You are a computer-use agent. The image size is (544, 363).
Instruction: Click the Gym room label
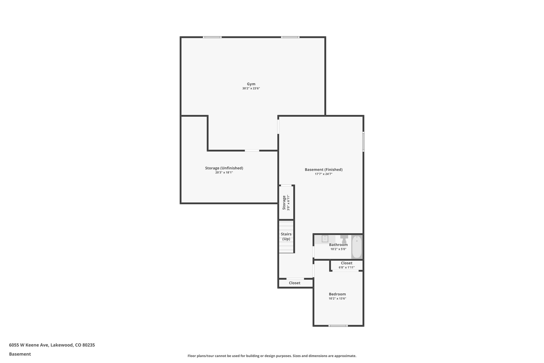pos(251,84)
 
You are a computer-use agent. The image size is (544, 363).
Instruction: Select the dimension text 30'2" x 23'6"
pos(251,89)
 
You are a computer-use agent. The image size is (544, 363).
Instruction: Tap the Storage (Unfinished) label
pos(224,168)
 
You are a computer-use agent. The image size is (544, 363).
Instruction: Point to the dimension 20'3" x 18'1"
pos(224,173)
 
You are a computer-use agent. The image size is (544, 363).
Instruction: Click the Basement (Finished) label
pos(324,170)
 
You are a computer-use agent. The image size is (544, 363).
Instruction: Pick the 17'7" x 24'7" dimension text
pos(324,174)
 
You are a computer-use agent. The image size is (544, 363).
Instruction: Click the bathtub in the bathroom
pos(357,247)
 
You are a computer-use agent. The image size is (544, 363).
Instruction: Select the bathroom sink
pos(325,239)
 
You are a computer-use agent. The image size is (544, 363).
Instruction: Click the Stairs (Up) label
pos(286,236)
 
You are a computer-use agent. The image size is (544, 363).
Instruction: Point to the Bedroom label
pos(337,294)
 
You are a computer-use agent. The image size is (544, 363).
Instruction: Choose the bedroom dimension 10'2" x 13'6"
pos(337,299)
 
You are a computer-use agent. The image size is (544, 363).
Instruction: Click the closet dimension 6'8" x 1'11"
pos(347,268)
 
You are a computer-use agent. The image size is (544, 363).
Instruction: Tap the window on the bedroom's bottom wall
pos(338,326)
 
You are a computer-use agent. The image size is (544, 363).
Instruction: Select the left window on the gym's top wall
pos(212,37)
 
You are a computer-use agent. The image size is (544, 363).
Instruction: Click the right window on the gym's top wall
pos(290,37)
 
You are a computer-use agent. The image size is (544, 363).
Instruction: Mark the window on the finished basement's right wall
pos(363,141)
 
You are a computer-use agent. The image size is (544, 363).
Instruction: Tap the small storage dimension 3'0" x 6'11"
pos(288,203)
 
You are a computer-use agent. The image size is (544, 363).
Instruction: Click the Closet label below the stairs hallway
pos(295,283)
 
